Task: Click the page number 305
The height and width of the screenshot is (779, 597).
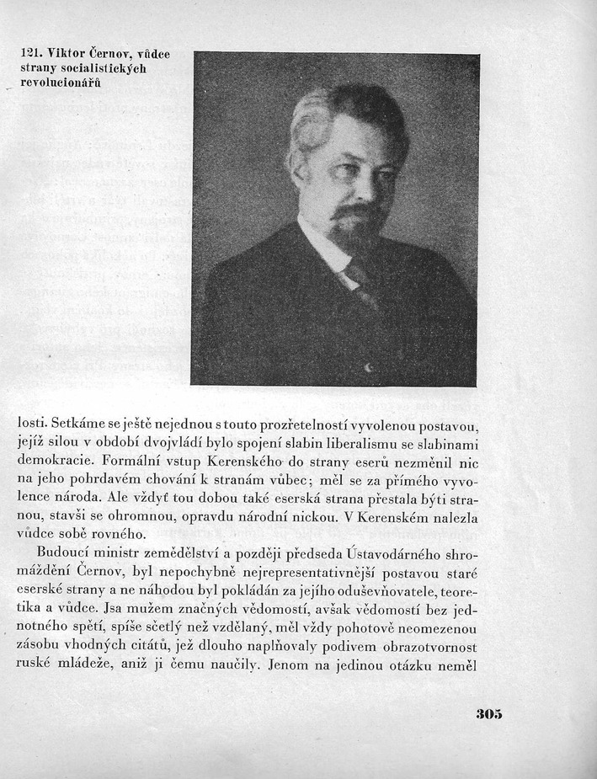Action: [x=488, y=713]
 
